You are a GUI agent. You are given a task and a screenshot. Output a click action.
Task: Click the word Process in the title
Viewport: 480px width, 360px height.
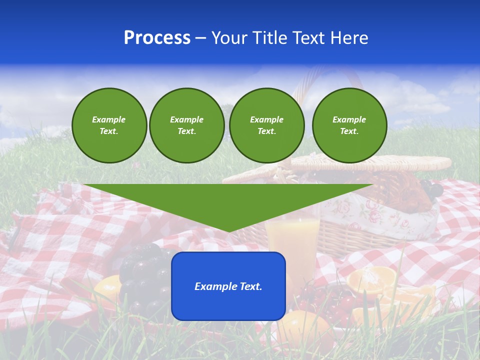[x=157, y=38]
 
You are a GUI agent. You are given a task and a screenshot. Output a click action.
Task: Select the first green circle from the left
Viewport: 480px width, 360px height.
[x=109, y=125]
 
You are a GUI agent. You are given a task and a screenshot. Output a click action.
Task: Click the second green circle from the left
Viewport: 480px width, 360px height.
[x=186, y=125]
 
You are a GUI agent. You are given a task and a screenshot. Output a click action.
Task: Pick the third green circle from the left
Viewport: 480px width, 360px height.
[x=266, y=125]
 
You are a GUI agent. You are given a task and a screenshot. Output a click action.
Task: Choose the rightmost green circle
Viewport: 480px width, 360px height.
[x=349, y=125]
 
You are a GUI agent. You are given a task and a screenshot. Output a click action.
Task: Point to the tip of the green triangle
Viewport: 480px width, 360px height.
[x=228, y=231]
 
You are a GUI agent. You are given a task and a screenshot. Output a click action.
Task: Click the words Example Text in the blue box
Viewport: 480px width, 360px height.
[x=228, y=286]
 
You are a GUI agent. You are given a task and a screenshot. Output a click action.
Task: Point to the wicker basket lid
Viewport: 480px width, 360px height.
[x=380, y=162]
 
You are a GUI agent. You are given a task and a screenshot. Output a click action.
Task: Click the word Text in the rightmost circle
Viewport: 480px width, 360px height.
[x=349, y=131]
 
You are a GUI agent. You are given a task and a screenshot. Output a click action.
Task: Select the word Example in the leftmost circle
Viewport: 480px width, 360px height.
[x=109, y=119]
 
